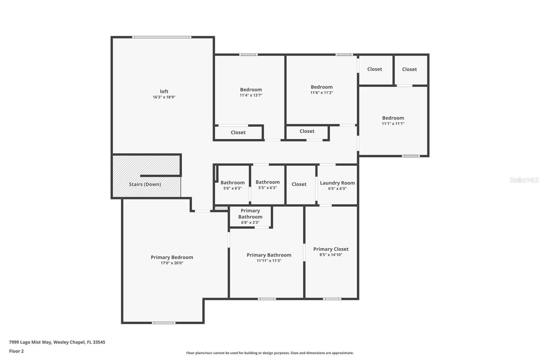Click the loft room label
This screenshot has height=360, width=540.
[164, 91]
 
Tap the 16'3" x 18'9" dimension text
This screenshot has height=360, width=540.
[164, 97]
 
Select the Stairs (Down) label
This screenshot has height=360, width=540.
[145, 184]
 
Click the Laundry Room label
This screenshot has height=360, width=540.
[337, 183]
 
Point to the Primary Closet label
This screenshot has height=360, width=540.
[331, 249]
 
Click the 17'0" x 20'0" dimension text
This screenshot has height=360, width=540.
[172, 263]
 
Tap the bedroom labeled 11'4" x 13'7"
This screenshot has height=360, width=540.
[251, 90]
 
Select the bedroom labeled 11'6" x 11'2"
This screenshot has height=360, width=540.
[322, 87]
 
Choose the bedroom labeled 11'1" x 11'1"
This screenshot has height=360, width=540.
[393, 118]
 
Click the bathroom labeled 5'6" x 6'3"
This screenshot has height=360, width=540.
[233, 183]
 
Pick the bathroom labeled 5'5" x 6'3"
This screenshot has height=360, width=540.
[268, 182]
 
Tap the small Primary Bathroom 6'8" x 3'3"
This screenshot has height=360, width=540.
[250, 216]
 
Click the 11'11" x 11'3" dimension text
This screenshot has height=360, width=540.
[269, 261]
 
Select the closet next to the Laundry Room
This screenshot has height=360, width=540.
[299, 184]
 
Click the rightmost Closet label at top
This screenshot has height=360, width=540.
[409, 69]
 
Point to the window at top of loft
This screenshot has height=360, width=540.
[162, 37]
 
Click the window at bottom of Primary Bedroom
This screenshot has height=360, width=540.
[164, 323]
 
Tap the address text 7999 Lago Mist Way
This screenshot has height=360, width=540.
[57, 342]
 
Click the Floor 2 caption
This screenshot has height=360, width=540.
[16, 351]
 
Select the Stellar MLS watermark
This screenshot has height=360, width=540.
[524, 180]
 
